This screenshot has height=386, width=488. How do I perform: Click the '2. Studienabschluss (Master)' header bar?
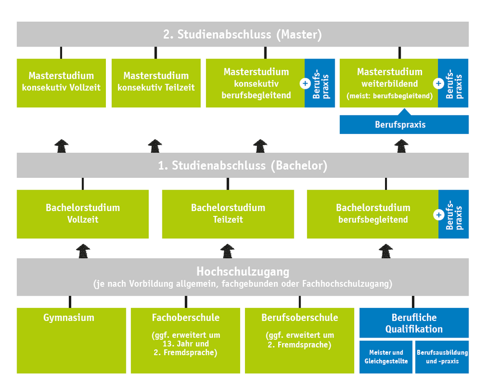(243, 34)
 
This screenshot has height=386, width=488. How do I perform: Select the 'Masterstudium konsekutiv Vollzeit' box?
(61, 82)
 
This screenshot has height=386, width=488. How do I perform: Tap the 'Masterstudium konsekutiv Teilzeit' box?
(156, 82)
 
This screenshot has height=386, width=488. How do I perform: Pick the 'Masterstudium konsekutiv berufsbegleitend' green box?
(255, 83)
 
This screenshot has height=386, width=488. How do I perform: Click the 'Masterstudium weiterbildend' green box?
(388, 83)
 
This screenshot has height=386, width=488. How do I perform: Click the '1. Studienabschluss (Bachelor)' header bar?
(243, 166)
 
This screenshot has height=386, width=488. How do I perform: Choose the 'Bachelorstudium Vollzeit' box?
(82, 214)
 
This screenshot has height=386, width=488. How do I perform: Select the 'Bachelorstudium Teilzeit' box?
(228, 214)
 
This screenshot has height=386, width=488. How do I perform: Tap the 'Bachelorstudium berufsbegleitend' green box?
(372, 214)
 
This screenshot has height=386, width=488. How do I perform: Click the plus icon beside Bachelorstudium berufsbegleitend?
(439, 214)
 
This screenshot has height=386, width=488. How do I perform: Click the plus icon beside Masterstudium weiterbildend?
(438, 83)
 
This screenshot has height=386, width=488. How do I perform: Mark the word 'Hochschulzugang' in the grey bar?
(243, 272)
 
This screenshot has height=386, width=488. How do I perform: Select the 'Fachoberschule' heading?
(185, 318)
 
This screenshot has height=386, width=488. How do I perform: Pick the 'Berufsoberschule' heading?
(300, 318)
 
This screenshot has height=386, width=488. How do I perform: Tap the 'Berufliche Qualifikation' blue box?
(414, 323)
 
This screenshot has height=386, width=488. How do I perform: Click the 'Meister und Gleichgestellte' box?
(386, 357)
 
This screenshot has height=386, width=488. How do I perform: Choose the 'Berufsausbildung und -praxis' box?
(442, 357)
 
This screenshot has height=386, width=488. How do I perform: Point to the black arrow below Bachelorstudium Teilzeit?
(227, 251)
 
